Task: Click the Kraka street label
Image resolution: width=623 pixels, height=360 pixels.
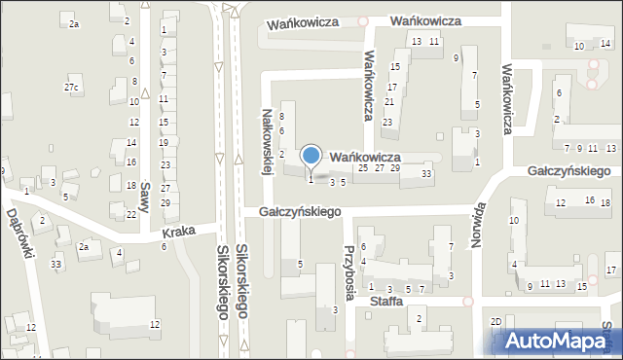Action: pos(180,231)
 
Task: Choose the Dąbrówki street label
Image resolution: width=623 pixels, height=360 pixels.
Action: pos(21,232)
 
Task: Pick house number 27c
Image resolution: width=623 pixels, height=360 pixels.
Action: pos(71,89)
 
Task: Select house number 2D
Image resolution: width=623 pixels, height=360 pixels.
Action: pos(495,321)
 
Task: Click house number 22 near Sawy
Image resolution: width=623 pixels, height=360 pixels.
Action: pos(131,214)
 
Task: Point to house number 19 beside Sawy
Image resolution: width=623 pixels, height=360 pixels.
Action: pos(165,143)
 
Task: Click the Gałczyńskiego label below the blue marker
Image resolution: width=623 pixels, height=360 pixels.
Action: pos(298,211)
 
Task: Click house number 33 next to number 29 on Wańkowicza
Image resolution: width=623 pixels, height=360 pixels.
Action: pos(426,173)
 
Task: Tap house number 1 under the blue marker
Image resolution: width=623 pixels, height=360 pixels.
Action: pos(311,179)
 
